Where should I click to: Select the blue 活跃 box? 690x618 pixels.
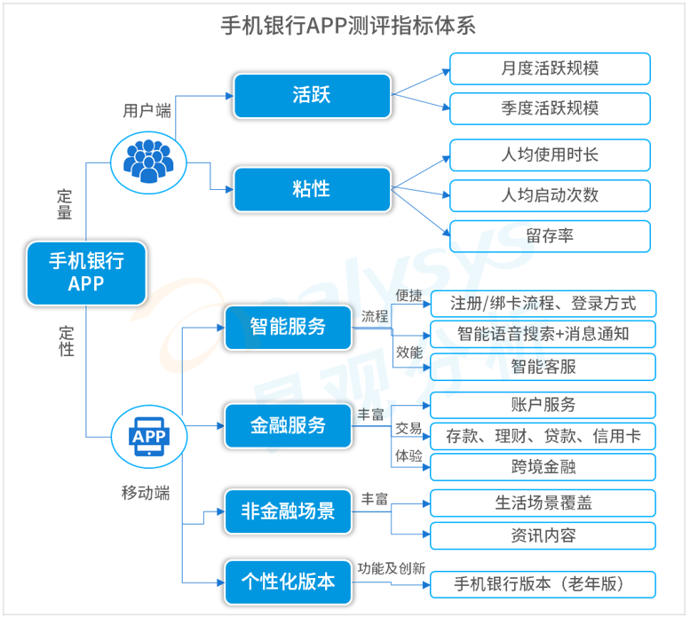click(312, 95)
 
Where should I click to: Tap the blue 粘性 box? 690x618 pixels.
click(312, 188)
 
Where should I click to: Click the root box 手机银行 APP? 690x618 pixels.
click(86, 273)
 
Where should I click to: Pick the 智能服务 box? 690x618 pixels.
click(288, 328)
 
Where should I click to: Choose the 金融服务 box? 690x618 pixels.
click(288, 425)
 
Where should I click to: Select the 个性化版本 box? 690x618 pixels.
click(288, 582)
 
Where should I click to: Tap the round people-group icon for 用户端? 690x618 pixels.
click(144, 159)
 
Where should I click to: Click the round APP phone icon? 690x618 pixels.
click(146, 437)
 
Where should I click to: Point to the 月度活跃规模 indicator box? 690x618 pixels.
click(550, 68)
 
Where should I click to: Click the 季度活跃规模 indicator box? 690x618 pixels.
click(550, 108)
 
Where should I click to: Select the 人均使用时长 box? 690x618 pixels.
click(550, 154)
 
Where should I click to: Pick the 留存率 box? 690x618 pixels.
click(550, 236)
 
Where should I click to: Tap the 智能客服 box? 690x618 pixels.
click(543, 366)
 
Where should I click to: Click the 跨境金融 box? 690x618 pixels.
click(543, 466)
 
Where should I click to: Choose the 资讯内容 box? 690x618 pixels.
click(543, 535)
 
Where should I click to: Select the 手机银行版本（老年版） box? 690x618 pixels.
click(543, 584)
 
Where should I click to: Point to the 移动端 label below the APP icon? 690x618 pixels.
click(146, 491)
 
